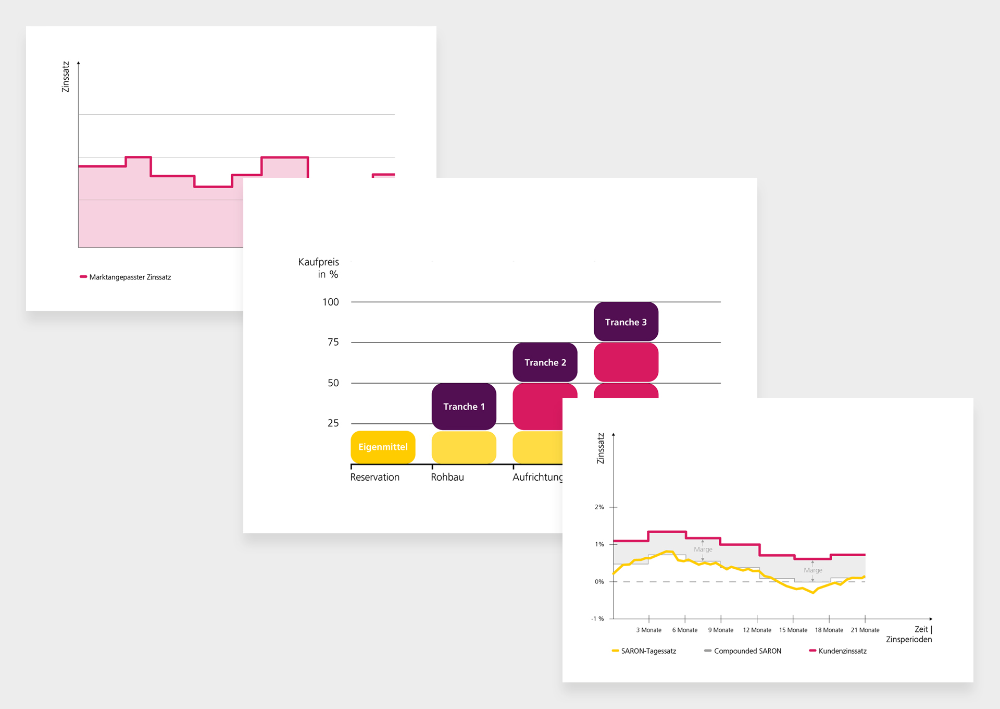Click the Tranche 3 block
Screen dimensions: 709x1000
pos(626,322)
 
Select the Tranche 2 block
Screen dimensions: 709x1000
pos(545,362)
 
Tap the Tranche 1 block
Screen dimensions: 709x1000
pos(464,407)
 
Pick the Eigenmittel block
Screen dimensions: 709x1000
pos(383,447)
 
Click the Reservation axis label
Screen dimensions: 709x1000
pos(374,477)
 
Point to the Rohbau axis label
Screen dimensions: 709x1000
pos(447,477)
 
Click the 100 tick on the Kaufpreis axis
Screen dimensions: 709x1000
pos(330,302)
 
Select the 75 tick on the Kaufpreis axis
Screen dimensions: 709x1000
pos(333,342)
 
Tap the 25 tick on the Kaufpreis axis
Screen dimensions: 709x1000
pos(333,423)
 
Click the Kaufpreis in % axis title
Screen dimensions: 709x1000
pos(318,268)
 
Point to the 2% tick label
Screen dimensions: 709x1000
pos(599,507)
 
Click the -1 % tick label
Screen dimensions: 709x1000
pos(597,619)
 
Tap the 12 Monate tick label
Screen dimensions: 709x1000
pos(757,630)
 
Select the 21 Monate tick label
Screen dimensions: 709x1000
pos(865,630)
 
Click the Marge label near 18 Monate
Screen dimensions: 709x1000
pos(813,570)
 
